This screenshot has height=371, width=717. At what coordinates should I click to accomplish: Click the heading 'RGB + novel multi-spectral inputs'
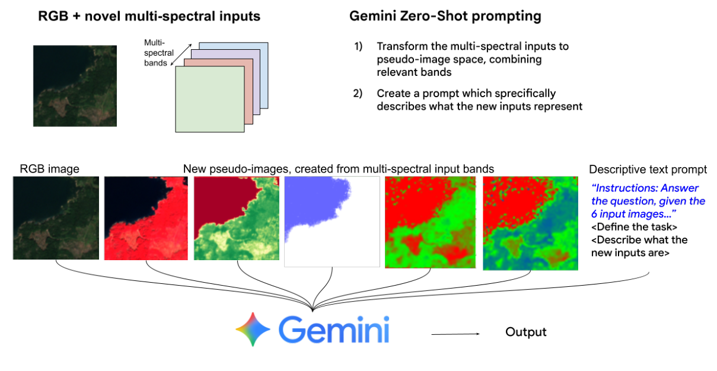(x=149, y=17)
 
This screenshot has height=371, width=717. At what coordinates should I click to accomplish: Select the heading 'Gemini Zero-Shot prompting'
(x=445, y=17)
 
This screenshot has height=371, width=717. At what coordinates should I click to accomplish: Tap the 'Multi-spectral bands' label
(x=157, y=53)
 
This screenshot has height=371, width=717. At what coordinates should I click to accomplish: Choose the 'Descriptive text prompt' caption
(x=647, y=169)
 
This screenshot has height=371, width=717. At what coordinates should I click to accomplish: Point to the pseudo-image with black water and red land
(x=146, y=218)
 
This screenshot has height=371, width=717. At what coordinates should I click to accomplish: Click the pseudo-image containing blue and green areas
(x=530, y=223)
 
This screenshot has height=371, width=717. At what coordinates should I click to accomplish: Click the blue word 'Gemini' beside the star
(x=334, y=330)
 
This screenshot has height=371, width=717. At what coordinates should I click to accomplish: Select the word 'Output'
(x=525, y=332)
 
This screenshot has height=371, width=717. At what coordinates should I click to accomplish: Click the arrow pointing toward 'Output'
(x=455, y=334)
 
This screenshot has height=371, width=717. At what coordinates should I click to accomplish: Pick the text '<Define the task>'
(x=634, y=226)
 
